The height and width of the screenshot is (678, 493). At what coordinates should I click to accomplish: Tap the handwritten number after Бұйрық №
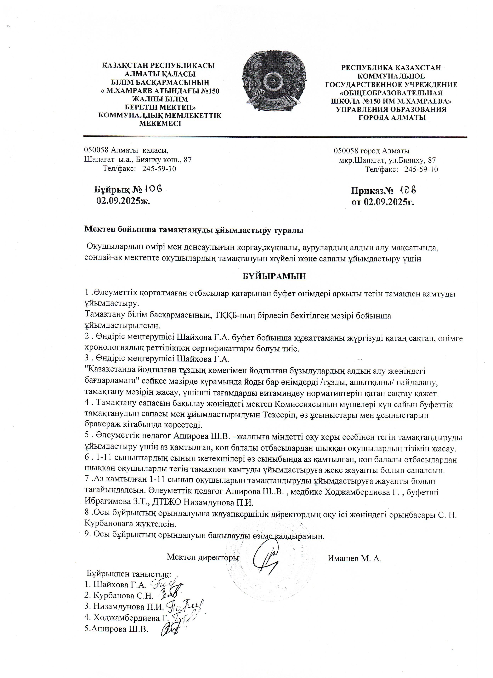coord(153,188)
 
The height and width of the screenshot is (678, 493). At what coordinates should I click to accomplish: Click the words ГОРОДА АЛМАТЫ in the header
coord(392,118)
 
